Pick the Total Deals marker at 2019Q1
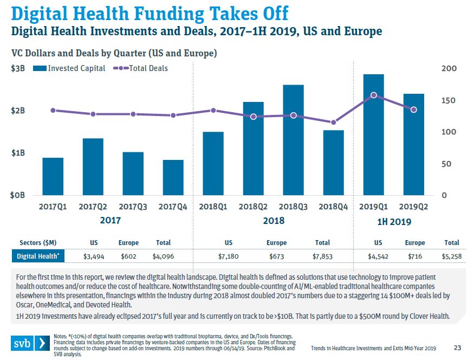point(373,95)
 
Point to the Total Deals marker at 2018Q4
point(334,123)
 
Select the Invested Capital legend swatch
point(39,68)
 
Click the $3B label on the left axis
point(18,68)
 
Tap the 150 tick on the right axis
point(449,100)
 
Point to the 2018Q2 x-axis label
point(254,207)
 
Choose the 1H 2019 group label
point(394,222)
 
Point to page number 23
point(456,348)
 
